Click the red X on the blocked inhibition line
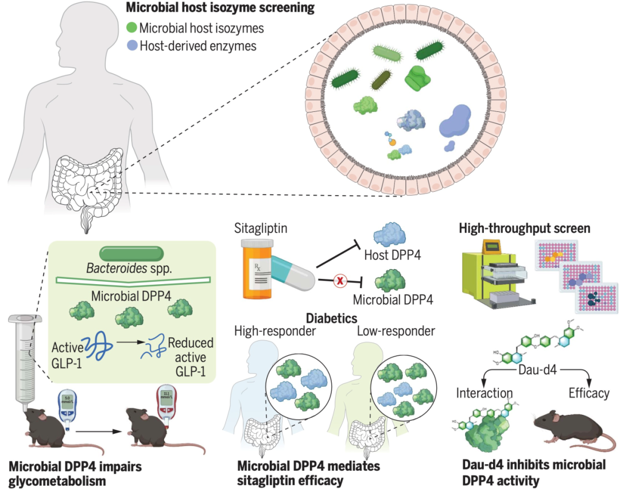click(x=339, y=281)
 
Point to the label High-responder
click(x=270, y=331)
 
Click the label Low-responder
click(x=396, y=331)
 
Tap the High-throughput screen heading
click(x=525, y=228)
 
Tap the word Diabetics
click(x=332, y=317)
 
